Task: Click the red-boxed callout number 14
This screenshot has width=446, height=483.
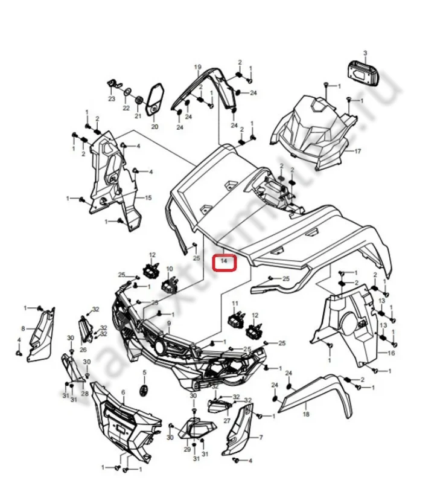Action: [224, 261]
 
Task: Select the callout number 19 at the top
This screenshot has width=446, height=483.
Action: [197, 66]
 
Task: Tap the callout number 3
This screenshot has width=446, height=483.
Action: [365, 54]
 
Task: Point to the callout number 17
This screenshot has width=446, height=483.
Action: [357, 151]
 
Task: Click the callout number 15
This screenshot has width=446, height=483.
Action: [148, 198]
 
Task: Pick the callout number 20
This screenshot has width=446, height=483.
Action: [154, 127]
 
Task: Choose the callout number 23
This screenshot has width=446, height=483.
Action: [112, 98]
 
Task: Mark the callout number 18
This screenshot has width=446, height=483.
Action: [306, 415]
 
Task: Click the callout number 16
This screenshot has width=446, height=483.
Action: [391, 353]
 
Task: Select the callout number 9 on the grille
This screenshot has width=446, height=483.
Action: [169, 324]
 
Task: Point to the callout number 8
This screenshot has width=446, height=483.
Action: [23, 328]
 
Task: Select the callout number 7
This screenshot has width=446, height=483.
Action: [261, 437]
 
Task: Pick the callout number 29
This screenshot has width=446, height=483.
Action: [186, 450]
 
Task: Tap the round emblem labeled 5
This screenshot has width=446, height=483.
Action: [144, 390]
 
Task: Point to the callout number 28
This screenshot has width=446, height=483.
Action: [85, 394]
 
